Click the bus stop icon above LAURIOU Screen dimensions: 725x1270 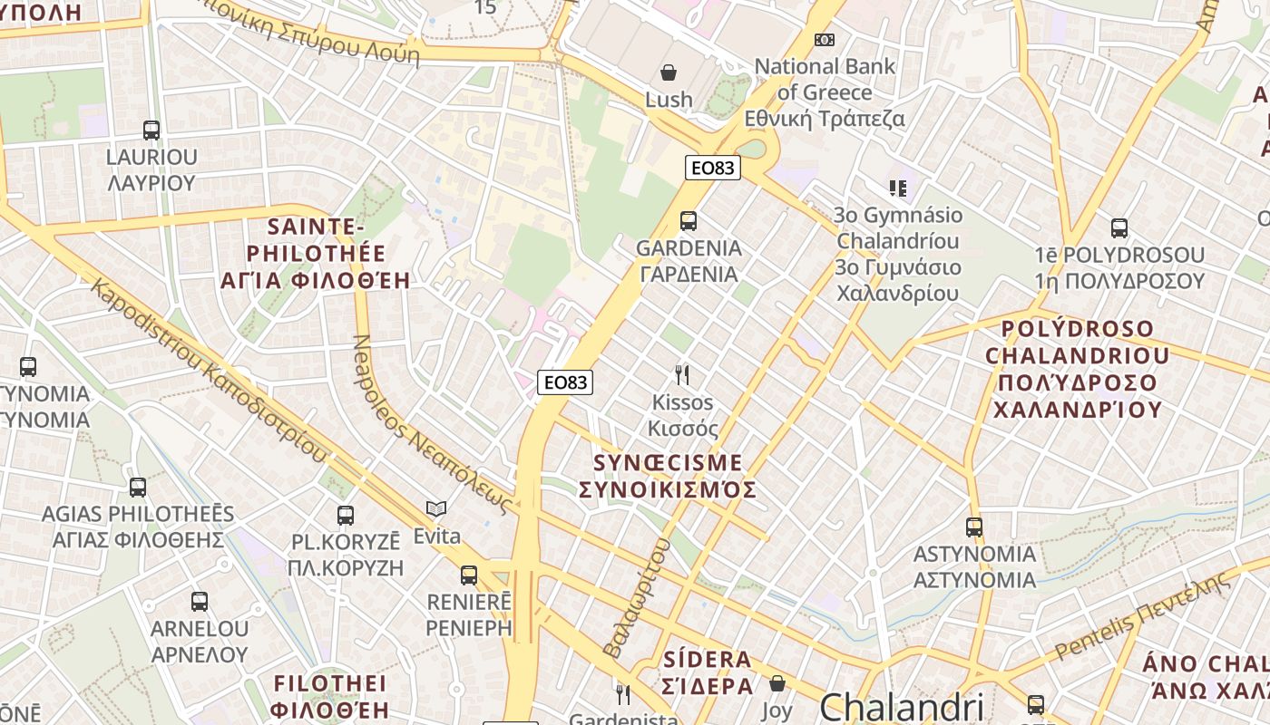151,130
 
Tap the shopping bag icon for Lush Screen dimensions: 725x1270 669,72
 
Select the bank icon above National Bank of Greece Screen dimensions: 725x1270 825,40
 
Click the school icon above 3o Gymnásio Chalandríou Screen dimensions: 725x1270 898,188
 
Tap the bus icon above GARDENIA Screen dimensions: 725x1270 689,220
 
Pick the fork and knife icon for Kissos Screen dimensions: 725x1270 682,374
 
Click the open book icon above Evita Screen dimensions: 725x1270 436,509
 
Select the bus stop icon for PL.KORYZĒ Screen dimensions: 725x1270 346,516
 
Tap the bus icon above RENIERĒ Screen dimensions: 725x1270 469,575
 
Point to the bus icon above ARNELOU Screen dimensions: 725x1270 200,601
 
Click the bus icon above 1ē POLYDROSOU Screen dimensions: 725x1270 1119,227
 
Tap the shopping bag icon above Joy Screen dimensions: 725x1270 777,683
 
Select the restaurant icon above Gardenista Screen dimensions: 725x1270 623,695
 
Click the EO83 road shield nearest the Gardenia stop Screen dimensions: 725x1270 712,168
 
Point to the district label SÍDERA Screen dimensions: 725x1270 708,660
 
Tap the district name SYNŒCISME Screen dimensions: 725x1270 668,463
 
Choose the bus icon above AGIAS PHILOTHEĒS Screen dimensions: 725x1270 138,487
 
